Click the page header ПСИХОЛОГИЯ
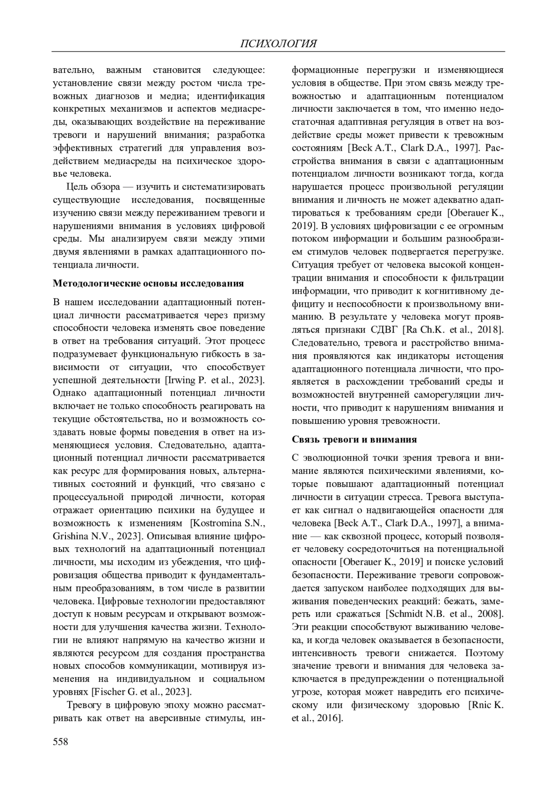[278, 44]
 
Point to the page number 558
[61, 742]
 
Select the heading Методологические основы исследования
[149, 283]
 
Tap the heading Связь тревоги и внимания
[354, 439]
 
